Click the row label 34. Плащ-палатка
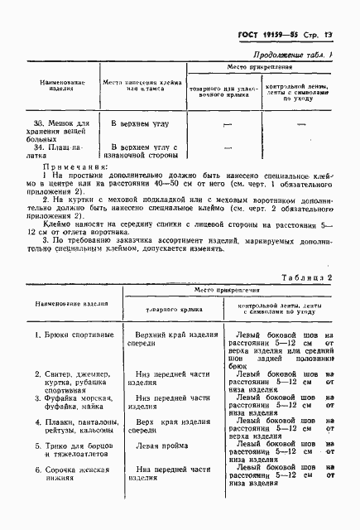[57, 152]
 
